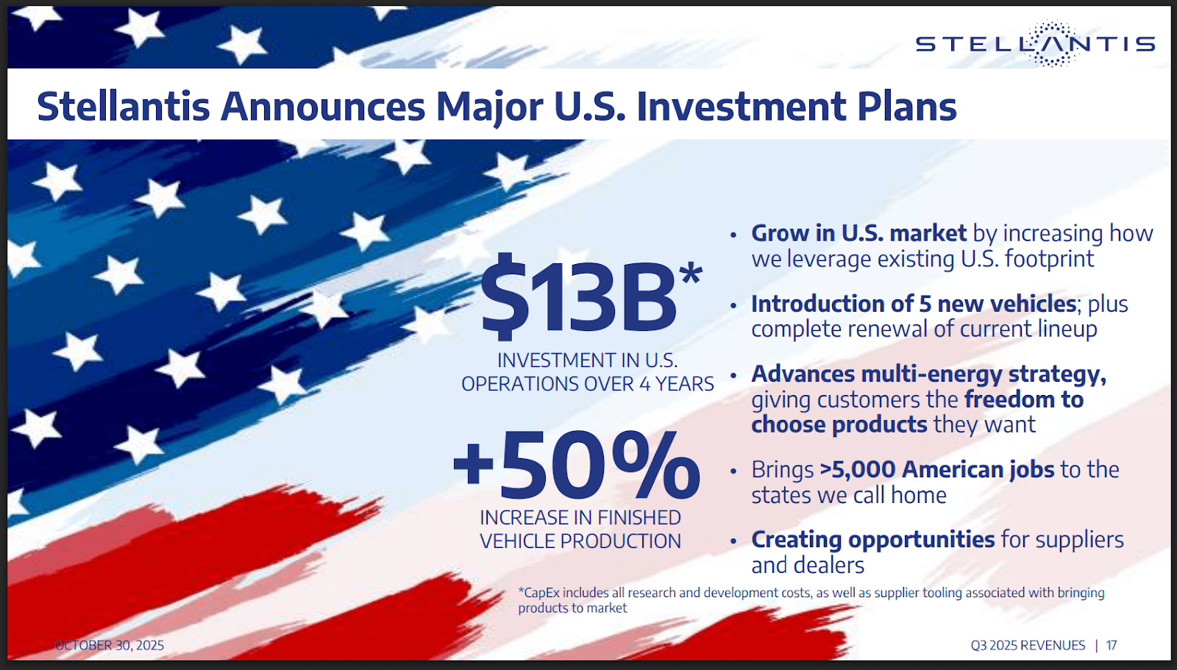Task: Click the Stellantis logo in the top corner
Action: [1035, 43]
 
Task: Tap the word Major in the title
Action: [490, 107]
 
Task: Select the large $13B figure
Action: [578, 297]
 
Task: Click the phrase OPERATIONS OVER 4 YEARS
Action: [588, 384]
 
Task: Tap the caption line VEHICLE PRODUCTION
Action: [580, 541]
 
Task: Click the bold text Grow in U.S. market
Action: [858, 233]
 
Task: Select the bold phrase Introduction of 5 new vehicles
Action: [914, 304]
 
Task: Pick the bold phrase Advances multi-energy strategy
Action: [928, 374]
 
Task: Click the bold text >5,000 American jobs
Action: [937, 470]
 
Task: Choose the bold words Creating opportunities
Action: [872, 541]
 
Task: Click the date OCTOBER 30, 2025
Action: [110, 645]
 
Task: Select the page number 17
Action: [1112, 645]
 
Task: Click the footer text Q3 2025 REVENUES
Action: [1028, 645]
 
